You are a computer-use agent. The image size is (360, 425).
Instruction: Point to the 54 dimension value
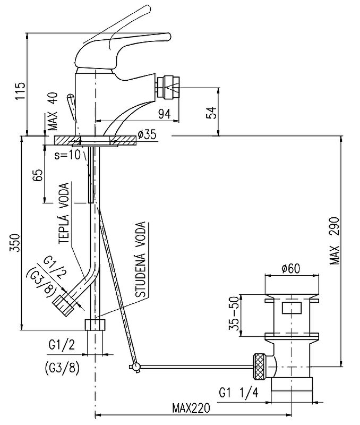212,113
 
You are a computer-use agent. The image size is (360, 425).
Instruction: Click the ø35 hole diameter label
147,135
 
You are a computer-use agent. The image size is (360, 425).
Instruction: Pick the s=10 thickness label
68,155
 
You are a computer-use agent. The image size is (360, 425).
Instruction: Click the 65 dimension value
38,176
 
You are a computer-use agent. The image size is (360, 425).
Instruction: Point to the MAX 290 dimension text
334,242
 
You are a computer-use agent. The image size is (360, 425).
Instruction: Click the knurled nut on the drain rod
260,365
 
